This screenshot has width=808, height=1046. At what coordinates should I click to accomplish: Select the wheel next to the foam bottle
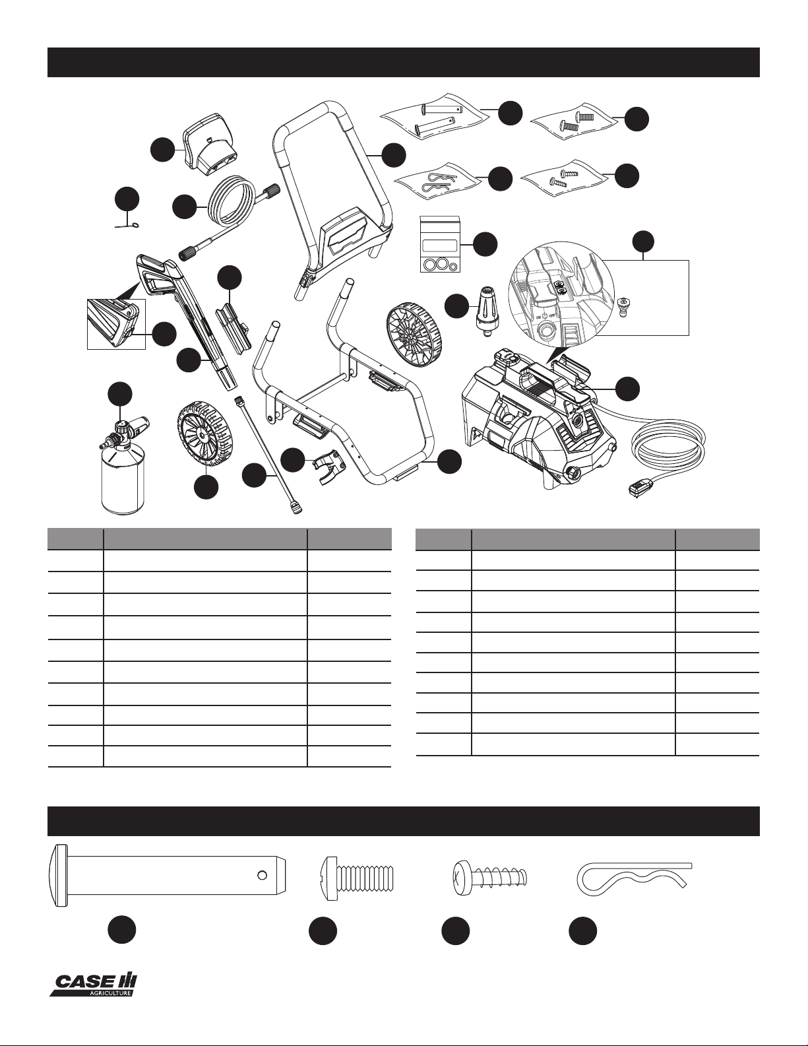point(202,435)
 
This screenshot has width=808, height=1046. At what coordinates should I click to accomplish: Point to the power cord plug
point(641,490)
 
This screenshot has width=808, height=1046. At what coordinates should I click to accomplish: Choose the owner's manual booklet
point(439,244)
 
